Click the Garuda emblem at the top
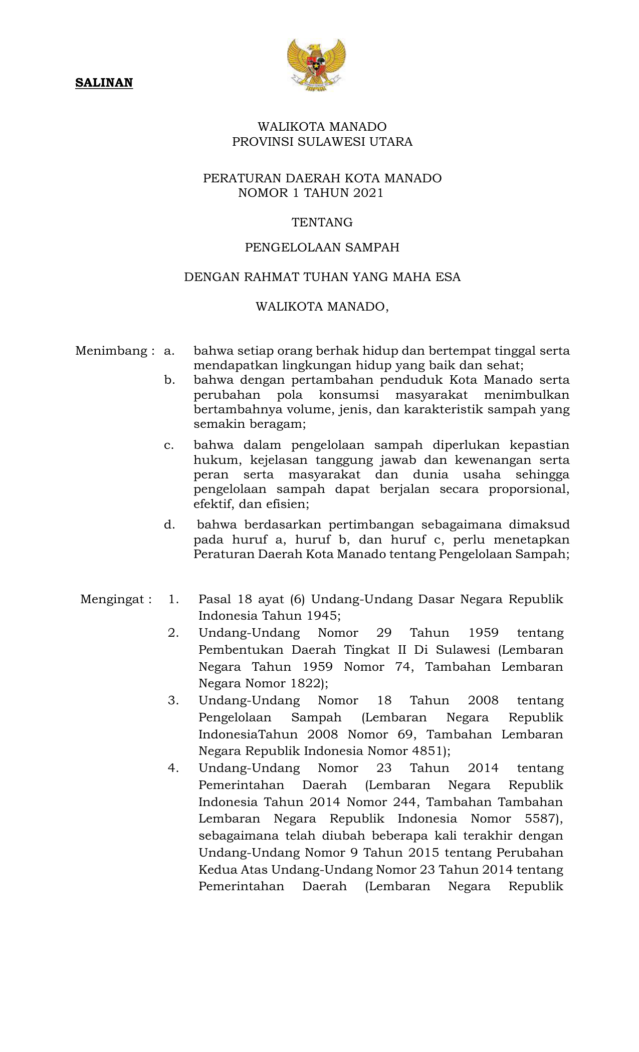[317, 65]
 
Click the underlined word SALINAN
[104, 83]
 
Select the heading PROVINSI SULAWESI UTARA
[322, 142]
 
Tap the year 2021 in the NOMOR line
[367, 193]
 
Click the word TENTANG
[322, 222]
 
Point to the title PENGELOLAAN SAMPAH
[322, 247]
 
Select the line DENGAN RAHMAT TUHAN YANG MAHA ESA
[322, 277]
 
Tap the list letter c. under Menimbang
[169, 445]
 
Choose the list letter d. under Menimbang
[169, 525]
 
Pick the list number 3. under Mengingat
[173, 700]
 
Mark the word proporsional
[529, 489]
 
